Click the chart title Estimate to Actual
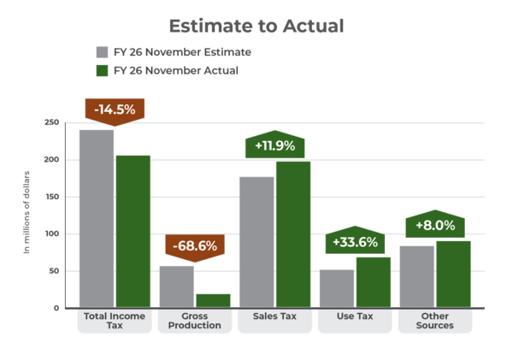[x=256, y=26]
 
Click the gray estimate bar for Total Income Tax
[x=97, y=218]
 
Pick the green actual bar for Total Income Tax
[x=133, y=231]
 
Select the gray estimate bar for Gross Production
[x=177, y=286]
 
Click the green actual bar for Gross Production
[x=213, y=300]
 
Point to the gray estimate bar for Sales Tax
[x=256, y=242]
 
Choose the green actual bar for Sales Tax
[x=293, y=234]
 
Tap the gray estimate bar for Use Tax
[x=337, y=288]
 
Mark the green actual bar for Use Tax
[x=374, y=281]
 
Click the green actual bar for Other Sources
[x=453, y=274]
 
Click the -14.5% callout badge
[x=114, y=109]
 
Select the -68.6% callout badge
[x=195, y=246]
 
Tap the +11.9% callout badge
[x=274, y=145]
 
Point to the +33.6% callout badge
[x=355, y=241]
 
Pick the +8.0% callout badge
[x=435, y=226]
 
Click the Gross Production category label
[x=195, y=321]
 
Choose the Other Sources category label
[x=435, y=321]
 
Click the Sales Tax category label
[x=274, y=316]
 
